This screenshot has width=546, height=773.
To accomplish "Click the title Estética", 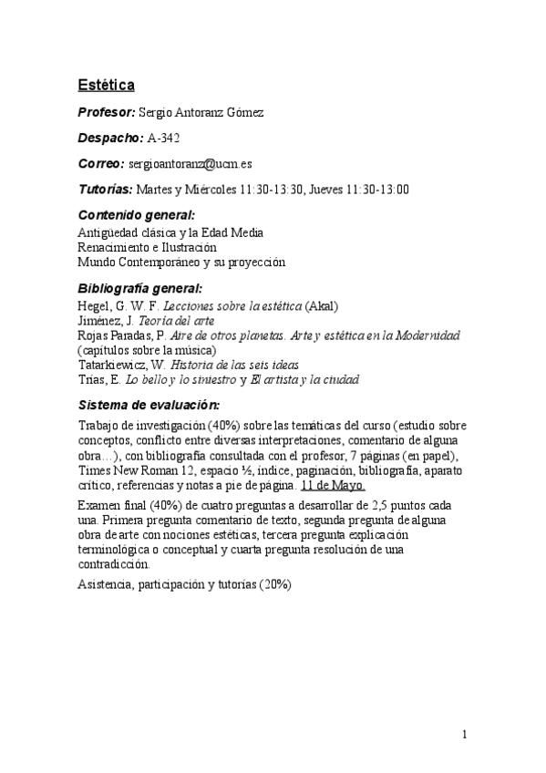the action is point(106,85).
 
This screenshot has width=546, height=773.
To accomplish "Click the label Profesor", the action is point(106,111).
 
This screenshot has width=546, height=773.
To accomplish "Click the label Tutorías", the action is point(105,190).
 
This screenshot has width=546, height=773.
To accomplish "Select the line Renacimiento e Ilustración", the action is point(147,247).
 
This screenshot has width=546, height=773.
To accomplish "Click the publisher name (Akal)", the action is point(323,305).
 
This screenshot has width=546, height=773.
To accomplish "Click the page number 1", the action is point(465,734).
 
